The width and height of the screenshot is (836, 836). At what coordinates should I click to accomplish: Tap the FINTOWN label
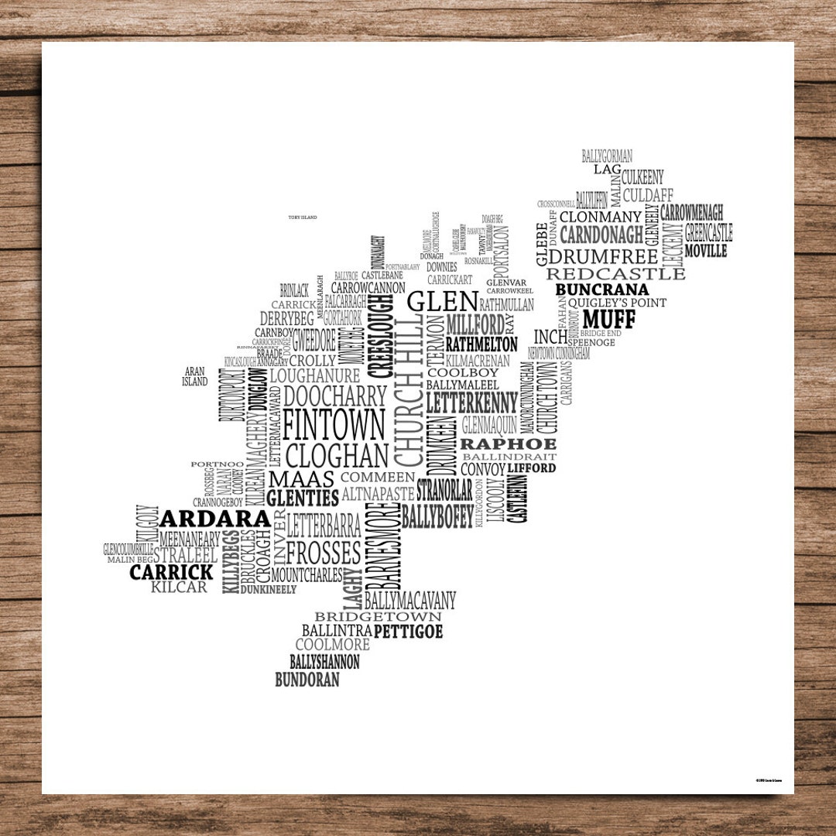(334, 424)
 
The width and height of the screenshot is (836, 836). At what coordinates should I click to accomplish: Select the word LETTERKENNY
(471, 403)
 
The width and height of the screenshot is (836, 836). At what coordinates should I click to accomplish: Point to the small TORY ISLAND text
(302, 218)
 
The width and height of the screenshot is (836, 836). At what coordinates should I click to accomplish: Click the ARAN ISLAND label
(195, 377)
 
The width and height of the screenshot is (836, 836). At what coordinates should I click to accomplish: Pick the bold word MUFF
(608, 319)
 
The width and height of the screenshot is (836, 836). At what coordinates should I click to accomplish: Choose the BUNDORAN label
(307, 680)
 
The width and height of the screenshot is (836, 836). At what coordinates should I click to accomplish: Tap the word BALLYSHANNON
(324, 663)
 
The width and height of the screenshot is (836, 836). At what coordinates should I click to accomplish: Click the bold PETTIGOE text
(408, 632)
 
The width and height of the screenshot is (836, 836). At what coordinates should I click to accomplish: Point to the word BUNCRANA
(602, 290)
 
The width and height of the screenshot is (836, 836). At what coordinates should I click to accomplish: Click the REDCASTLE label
(616, 273)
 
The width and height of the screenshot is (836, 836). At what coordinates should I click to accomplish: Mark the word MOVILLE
(705, 252)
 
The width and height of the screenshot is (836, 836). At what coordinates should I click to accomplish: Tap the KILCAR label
(180, 588)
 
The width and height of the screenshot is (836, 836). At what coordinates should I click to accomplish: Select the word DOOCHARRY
(334, 396)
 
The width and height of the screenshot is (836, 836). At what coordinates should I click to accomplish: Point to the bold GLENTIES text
(303, 498)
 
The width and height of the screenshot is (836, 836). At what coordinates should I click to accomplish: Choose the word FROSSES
(324, 553)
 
